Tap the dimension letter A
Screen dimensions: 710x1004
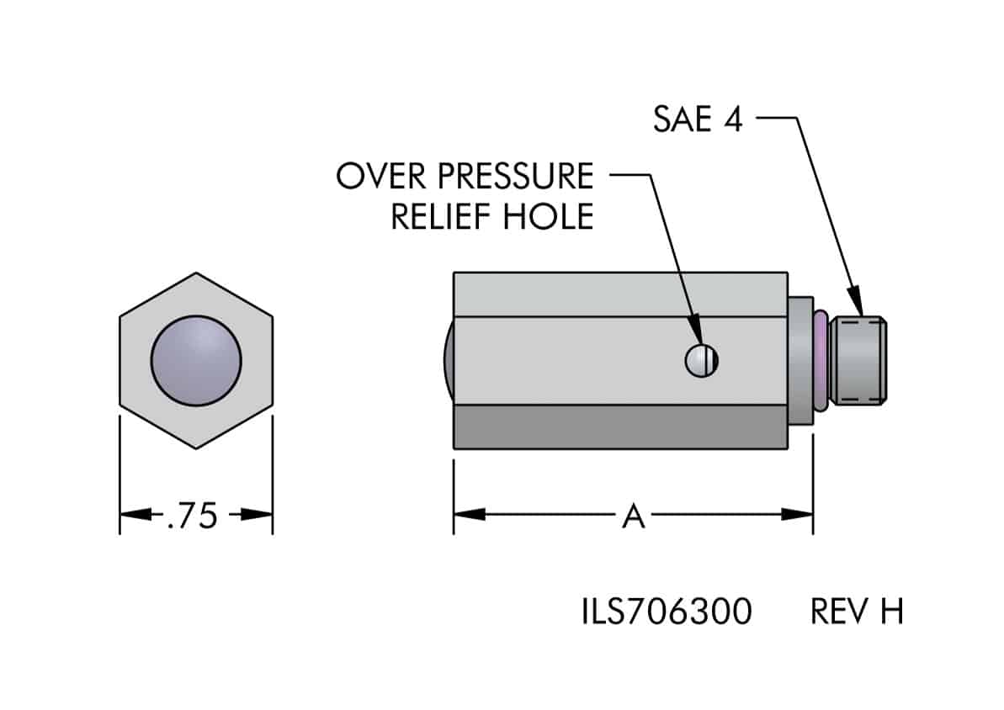633,516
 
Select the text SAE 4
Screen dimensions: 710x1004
698,119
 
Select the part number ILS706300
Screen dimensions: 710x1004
665,612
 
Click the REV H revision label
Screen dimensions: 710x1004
857,612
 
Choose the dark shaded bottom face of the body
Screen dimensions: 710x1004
620,427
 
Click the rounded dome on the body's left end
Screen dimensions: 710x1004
449,361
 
